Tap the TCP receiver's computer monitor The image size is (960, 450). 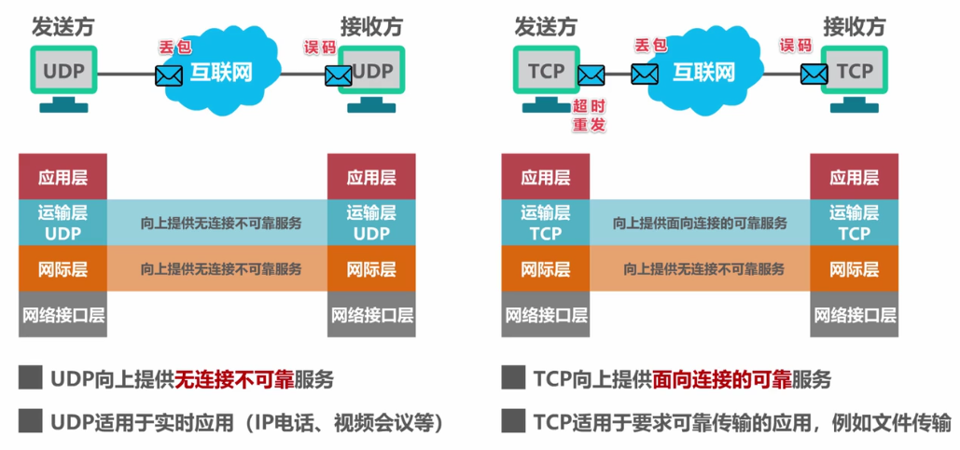[854, 71]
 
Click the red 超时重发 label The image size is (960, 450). [590, 115]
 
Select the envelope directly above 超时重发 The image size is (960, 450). [591, 74]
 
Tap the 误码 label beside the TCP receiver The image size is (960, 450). [795, 45]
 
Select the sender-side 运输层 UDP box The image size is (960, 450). [63, 223]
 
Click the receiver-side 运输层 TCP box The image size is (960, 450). [854, 223]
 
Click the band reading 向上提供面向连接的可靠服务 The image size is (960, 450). [699, 224]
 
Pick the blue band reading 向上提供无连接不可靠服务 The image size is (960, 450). [217, 224]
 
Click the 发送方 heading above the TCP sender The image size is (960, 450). [544, 23]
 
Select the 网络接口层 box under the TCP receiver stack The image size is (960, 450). [854, 315]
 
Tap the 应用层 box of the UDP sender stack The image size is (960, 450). [63, 177]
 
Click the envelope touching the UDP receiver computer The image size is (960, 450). [338, 75]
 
